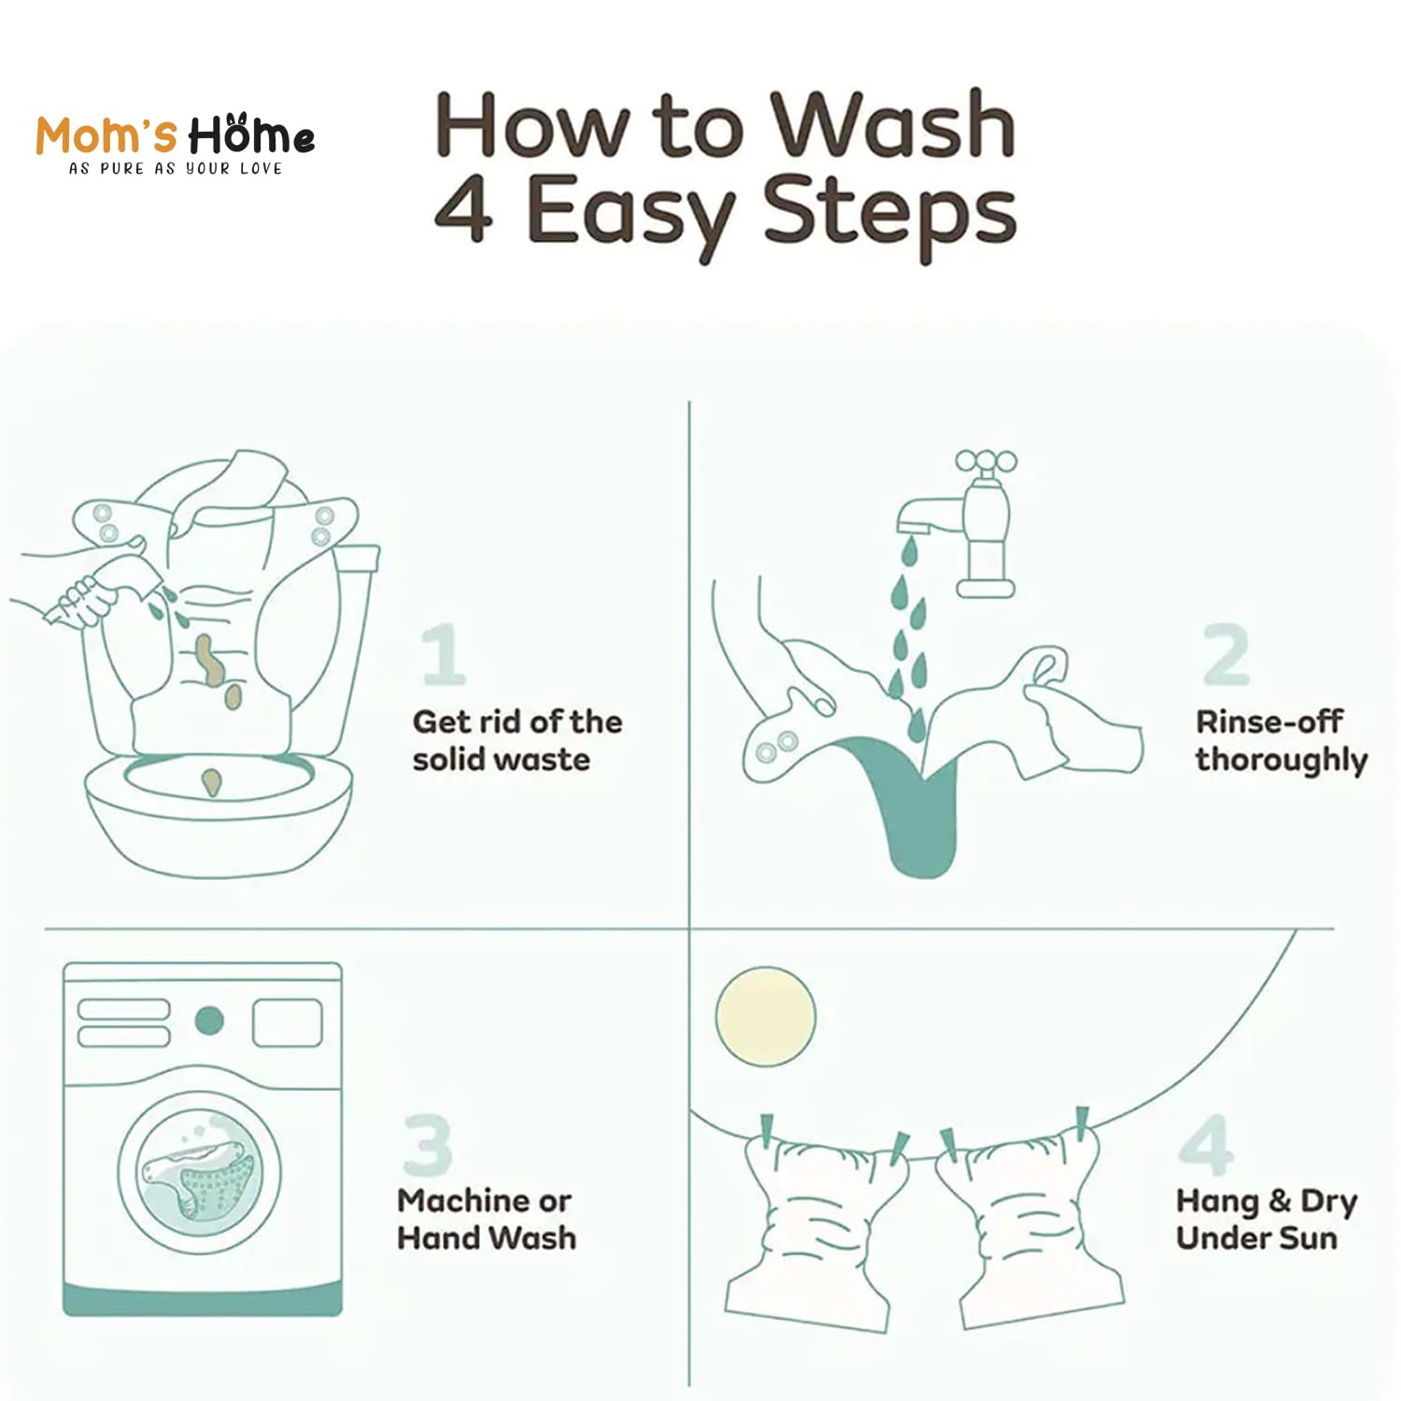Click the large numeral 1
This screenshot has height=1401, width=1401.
point(443,655)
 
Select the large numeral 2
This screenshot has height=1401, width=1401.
point(1226,655)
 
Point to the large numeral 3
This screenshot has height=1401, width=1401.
point(428,1144)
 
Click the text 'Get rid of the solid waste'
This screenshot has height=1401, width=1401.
point(517,740)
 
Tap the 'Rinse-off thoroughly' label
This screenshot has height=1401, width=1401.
point(1281,741)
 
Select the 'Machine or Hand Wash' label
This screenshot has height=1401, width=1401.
point(487,1219)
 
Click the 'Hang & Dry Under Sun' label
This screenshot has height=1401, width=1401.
point(1267,1219)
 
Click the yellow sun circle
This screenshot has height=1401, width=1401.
point(766,1016)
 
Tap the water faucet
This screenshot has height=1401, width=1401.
point(971,523)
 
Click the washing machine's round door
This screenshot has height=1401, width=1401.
point(199,1173)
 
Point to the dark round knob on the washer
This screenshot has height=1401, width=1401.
point(209,1021)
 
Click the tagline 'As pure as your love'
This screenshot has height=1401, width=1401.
point(176,169)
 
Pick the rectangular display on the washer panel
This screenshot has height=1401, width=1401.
point(288,1023)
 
